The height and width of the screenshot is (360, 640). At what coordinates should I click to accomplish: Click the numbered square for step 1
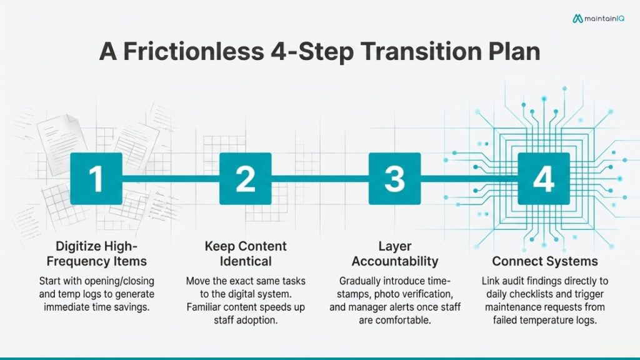click(x=96, y=179)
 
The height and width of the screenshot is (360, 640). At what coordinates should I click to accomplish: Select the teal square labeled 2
click(x=245, y=179)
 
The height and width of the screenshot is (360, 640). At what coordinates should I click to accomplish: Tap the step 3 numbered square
click(x=394, y=179)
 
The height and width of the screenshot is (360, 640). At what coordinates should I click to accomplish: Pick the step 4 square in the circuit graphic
click(x=543, y=179)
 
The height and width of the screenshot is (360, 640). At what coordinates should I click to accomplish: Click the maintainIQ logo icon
click(x=577, y=19)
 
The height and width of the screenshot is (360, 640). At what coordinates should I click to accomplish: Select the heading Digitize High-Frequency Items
click(x=96, y=254)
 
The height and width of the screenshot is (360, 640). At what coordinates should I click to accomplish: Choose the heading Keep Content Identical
click(x=246, y=254)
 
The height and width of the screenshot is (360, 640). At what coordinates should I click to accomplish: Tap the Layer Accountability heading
click(x=394, y=254)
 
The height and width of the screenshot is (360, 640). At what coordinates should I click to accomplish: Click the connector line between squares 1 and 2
click(x=170, y=179)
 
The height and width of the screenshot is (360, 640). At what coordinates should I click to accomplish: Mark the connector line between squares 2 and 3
click(x=319, y=179)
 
